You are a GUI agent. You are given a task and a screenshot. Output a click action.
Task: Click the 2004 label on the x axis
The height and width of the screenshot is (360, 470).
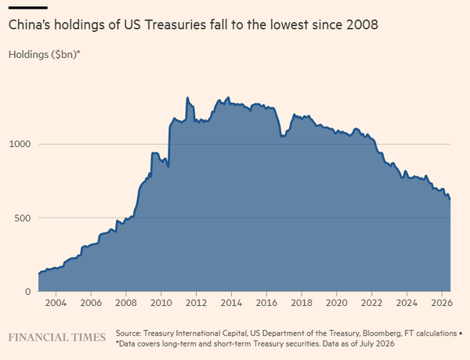[56, 303]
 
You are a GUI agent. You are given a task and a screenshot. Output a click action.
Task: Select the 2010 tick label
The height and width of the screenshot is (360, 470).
[161, 303]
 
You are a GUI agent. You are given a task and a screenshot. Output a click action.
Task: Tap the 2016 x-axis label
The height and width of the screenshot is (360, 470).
[266, 303]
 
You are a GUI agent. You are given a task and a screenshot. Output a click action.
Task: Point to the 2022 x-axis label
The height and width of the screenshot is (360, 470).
[371, 303]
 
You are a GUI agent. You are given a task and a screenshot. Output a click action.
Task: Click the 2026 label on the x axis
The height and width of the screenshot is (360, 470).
[442, 303]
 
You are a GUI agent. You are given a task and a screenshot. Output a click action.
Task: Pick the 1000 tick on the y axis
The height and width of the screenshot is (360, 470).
[20, 144]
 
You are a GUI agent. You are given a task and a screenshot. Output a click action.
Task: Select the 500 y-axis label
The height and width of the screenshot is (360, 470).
[23, 218]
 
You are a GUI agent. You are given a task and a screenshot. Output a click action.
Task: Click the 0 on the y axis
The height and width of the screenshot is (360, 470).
[28, 292]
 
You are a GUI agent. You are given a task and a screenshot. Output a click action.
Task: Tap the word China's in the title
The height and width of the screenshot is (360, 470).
[29, 24]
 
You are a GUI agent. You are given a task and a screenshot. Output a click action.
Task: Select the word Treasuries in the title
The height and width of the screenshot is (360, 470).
[175, 24]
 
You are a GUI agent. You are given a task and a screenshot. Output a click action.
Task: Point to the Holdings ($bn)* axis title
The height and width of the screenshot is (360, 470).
[45, 55]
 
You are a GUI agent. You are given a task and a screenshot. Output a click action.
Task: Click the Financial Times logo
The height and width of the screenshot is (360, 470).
[57, 337]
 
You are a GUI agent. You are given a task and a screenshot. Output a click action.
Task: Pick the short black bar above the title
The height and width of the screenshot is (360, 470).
[28, 8]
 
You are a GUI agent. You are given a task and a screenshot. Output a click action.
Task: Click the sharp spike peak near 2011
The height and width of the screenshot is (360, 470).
[188, 97]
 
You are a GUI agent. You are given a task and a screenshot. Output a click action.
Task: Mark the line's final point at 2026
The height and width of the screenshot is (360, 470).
[450, 200]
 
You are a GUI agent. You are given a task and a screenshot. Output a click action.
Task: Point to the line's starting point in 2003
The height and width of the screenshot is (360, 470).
[39, 273]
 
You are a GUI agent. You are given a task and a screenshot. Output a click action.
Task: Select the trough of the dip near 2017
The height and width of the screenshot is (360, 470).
[282, 137]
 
